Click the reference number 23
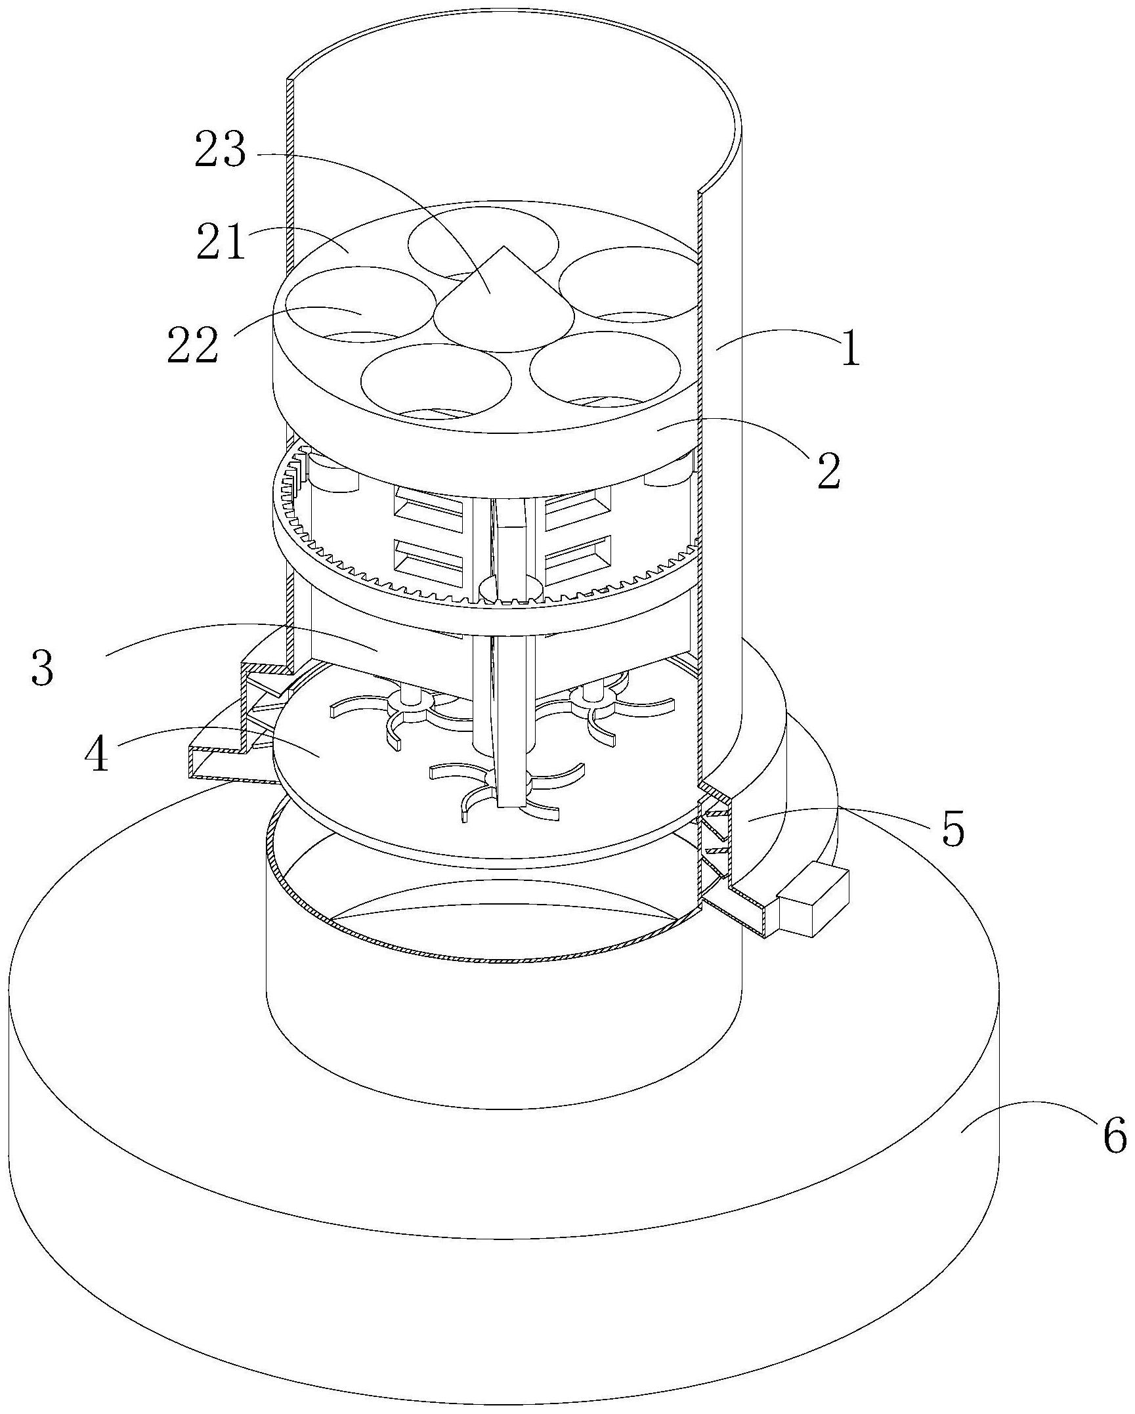point(220,151)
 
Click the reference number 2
point(829,472)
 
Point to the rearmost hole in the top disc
point(483,244)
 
